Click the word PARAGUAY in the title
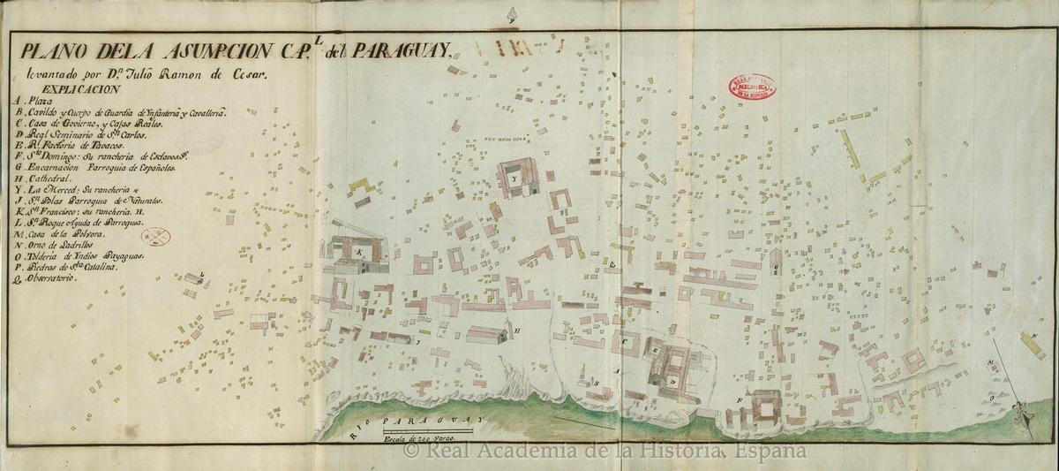click(402, 52)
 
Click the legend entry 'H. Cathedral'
click(52, 178)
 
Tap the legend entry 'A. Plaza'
click(34, 102)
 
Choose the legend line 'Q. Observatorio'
click(49, 277)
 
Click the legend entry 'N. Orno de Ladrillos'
click(66, 251)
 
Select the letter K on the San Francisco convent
click(359, 252)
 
